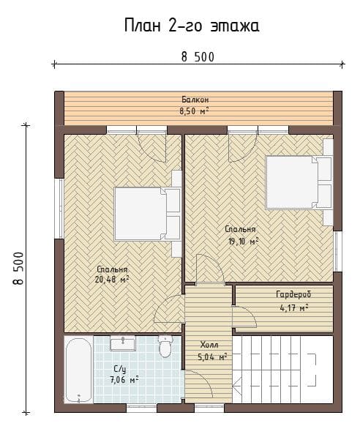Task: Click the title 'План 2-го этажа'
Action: [x=192, y=26]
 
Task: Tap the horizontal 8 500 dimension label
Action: [x=198, y=57]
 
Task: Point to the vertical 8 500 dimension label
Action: [x=18, y=268]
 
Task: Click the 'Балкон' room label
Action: [x=195, y=100]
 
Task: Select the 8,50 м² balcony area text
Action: [x=194, y=111]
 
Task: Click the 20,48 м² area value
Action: [x=112, y=279]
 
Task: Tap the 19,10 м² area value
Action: [x=244, y=241]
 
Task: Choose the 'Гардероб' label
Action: [x=293, y=294]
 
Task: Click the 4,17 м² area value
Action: [x=293, y=307]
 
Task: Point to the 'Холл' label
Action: [x=209, y=345]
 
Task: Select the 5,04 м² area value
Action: [x=212, y=356]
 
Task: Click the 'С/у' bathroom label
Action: [x=120, y=369]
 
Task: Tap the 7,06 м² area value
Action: [x=124, y=380]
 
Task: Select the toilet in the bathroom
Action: [x=165, y=346]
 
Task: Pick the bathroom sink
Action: [x=123, y=343]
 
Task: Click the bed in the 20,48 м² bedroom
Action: [x=147, y=214]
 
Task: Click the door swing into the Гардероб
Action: [x=244, y=317]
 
